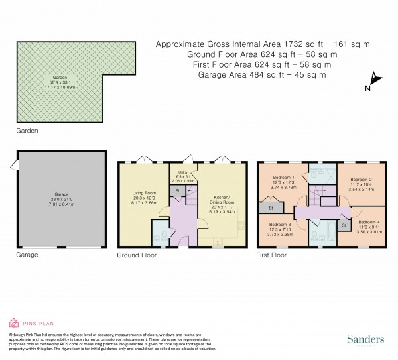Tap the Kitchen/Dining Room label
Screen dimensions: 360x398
pos(222,200)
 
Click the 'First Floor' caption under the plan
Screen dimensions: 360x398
pos(271,255)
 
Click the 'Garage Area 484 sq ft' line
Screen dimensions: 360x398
pos(262,75)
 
